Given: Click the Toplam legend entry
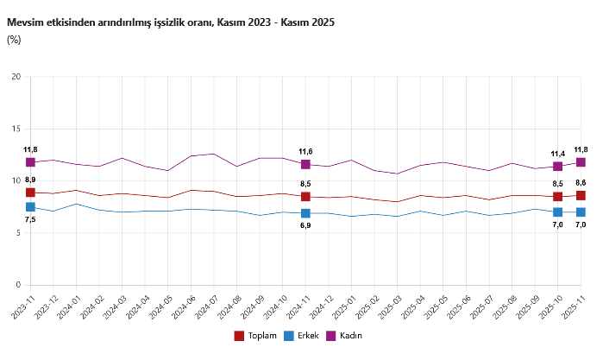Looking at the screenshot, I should (257, 335).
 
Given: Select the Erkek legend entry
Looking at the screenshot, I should (303, 335).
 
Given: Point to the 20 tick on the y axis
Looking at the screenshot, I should (16, 77).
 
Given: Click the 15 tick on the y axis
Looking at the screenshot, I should (16, 129).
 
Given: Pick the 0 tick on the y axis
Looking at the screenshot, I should (18, 285).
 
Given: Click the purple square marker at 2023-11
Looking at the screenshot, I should (30, 162).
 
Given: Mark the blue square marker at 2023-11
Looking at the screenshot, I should (30, 207).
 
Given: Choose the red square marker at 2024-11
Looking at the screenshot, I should (305, 197).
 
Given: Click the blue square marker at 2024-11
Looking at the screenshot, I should (305, 213).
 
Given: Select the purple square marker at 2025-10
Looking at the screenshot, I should (557, 167).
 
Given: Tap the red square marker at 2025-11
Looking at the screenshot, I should (581, 196).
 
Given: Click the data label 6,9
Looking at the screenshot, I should (305, 225).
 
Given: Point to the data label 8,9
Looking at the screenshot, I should (30, 180).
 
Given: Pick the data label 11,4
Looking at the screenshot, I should (557, 154).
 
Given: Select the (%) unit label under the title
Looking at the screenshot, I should (14, 39).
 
